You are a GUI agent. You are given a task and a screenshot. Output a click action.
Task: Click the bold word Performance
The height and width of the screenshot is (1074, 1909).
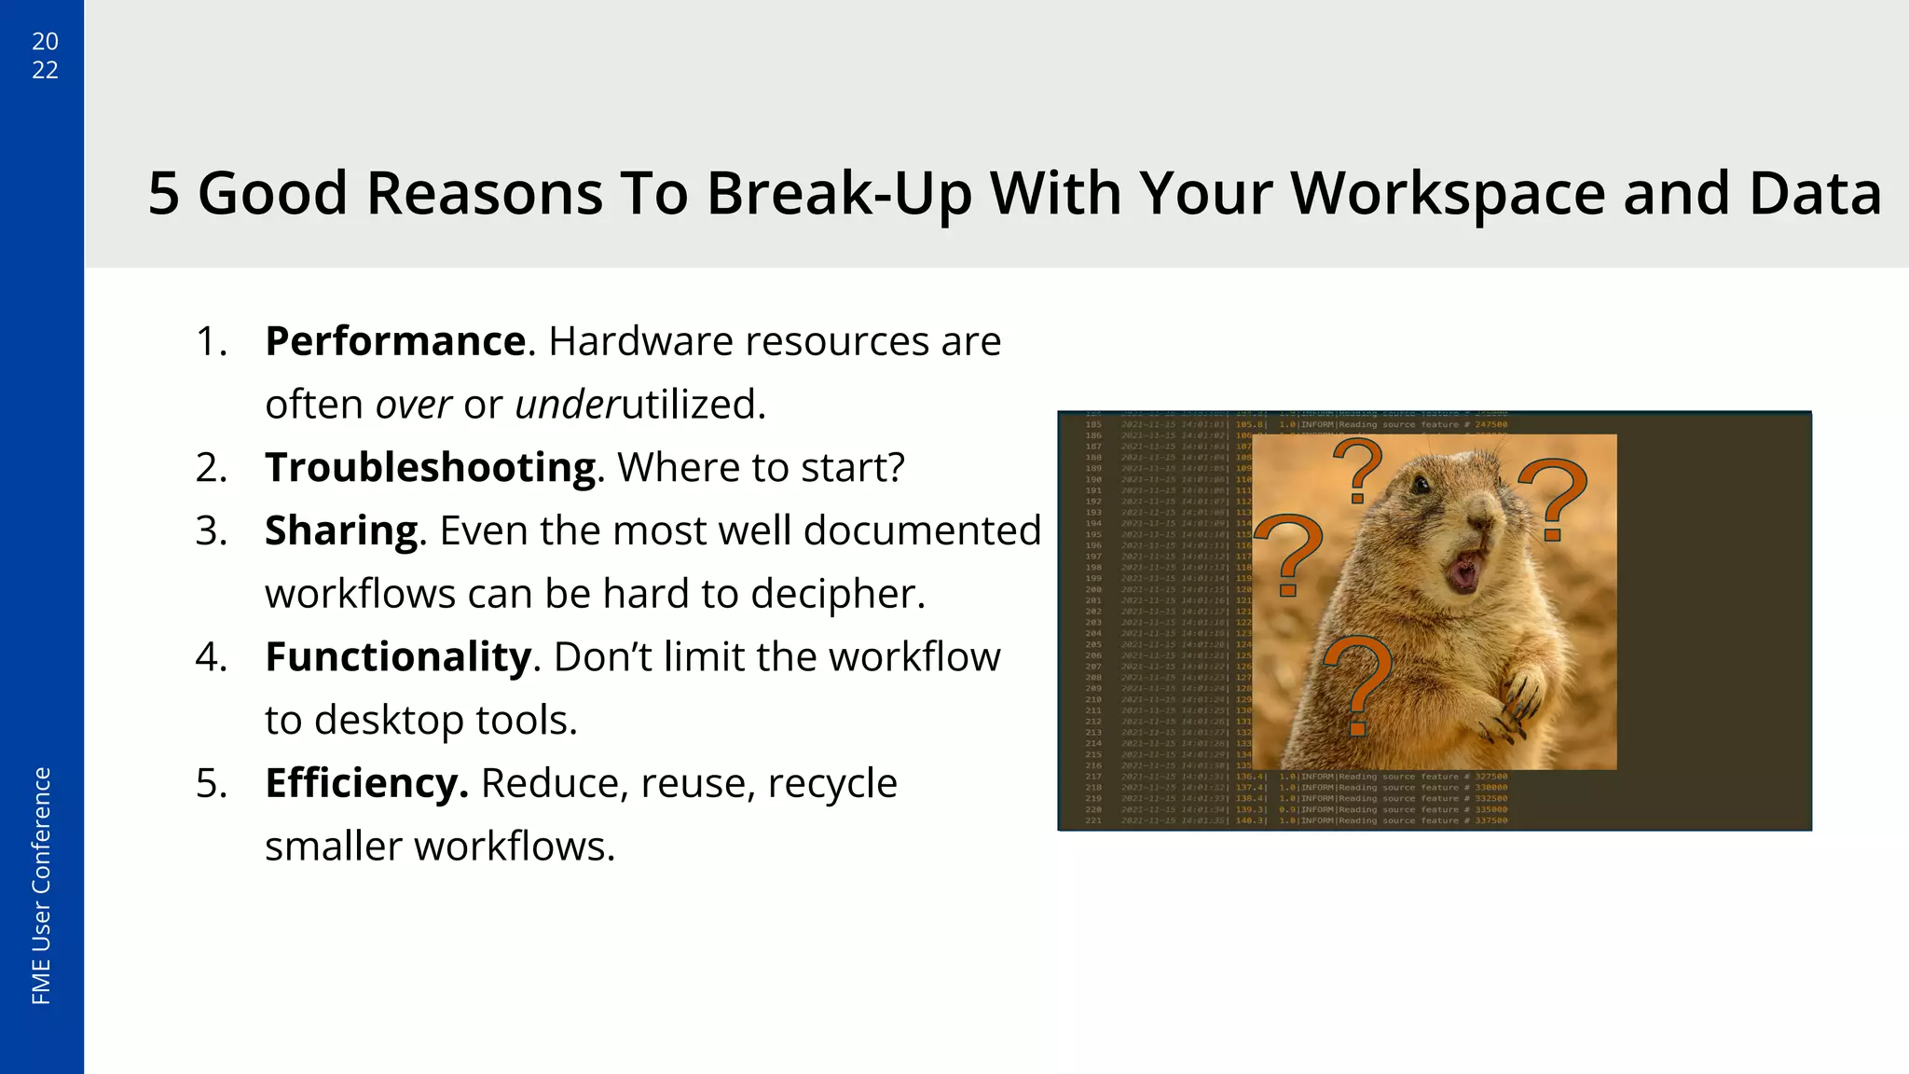(x=395, y=341)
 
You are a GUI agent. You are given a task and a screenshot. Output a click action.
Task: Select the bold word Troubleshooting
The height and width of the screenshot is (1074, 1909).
(x=431, y=468)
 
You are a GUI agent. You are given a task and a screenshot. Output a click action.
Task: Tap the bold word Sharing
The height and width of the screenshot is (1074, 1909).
(x=341, y=531)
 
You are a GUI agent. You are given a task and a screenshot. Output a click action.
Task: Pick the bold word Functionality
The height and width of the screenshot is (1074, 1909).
(x=398, y=657)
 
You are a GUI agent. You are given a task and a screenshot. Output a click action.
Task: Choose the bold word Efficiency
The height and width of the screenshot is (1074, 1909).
(x=365, y=783)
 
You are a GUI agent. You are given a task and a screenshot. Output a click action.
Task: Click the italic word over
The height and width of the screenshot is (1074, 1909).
(x=413, y=405)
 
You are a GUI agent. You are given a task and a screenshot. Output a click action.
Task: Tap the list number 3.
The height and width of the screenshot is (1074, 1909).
(x=211, y=531)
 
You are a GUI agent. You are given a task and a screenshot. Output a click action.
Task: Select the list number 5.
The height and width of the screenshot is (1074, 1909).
(x=211, y=783)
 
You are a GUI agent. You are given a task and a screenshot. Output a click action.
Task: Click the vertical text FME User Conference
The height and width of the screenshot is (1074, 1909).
(x=42, y=886)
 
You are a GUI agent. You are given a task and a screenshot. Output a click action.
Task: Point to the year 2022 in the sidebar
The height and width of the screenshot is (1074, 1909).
(x=45, y=55)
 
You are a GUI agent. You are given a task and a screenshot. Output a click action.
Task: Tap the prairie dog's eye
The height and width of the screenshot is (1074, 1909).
(x=1421, y=486)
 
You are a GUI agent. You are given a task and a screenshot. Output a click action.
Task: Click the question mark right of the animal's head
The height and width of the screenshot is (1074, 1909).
(x=1552, y=499)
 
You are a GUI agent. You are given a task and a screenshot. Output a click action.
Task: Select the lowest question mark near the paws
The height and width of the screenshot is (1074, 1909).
(x=1358, y=685)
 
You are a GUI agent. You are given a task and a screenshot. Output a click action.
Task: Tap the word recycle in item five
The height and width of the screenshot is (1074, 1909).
(x=832, y=783)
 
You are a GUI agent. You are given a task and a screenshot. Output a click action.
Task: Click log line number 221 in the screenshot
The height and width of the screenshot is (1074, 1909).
(x=1093, y=820)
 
